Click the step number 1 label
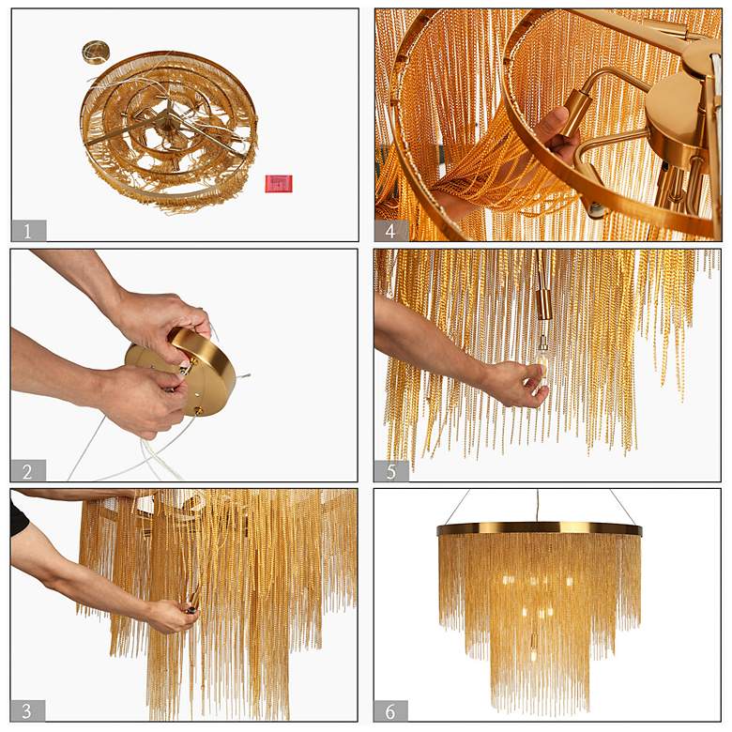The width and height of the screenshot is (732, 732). pyautogui.click(x=28, y=231)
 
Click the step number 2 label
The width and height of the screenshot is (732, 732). pyautogui.click(x=28, y=470)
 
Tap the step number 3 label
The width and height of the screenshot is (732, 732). pyautogui.click(x=28, y=710)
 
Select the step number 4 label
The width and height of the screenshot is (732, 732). pyautogui.click(x=391, y=231)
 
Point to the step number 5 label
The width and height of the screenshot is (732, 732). pyautogui.click(x=391, y=470)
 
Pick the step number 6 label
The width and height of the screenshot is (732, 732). pyautogui.click(x=390, y=710)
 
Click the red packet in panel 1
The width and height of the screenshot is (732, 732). pyautogui.click(x=279, y=183)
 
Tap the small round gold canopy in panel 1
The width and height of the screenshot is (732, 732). pyautogui.click(x=96, y=53)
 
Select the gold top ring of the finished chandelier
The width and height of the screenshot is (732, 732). pyautogui.click(x=540, y=529)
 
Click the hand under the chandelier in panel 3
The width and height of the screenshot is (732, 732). pyautogui.click(x=171, y=616)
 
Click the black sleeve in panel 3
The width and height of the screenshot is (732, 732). pyautogui.click(x=18, y=516)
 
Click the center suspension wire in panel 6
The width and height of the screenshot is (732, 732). pyautogui.click(x=538, y=507)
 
